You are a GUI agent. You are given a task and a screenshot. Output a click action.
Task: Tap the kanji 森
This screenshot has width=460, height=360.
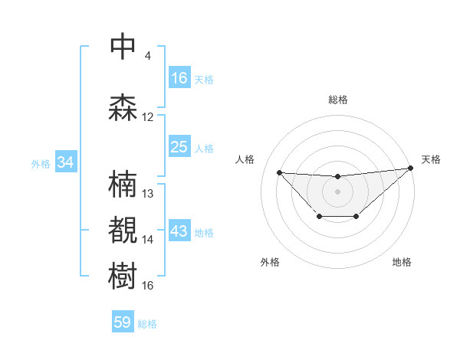(x=123, y=107)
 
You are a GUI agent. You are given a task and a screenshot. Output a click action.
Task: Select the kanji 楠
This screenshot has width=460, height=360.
(x=123, y=185)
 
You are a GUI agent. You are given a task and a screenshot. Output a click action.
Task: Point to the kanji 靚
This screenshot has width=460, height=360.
(x=123, y=231)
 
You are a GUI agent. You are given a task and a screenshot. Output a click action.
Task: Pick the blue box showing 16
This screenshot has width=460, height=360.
(x=179, y=78)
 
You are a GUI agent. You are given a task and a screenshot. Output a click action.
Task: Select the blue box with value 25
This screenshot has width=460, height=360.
(x=179, y=147)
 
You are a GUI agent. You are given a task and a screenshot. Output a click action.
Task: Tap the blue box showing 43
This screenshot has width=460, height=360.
(x=179, y=232)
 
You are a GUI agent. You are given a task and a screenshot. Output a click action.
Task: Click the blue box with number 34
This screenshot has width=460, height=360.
(x=66, y=162)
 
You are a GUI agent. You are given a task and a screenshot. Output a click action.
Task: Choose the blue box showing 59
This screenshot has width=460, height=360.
(x=123, y=322)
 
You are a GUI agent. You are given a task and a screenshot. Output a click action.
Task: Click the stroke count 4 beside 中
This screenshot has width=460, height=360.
(x=148, y=56)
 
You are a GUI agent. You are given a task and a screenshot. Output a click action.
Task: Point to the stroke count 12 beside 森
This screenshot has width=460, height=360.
(x=148, y=117)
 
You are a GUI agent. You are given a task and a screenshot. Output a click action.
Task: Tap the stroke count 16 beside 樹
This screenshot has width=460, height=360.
(x=148, y=286)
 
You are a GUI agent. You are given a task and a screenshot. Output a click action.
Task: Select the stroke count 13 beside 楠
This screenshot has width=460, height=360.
(x=148, y=194)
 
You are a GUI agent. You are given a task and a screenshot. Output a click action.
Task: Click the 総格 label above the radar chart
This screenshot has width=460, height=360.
(x=338, y=100)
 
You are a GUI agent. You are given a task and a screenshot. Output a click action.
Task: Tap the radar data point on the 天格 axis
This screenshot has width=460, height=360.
(x=411, y=169)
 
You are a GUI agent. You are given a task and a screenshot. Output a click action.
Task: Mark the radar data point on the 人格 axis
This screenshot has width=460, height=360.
(x=279, y=172)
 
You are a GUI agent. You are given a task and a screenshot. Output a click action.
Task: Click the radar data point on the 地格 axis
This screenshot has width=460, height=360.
(x=356, y=218)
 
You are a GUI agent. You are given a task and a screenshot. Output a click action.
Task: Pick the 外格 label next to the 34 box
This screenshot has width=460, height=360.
(x=40, y=163)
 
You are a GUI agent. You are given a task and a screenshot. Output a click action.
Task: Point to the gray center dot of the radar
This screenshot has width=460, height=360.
(x=337, y=191)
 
